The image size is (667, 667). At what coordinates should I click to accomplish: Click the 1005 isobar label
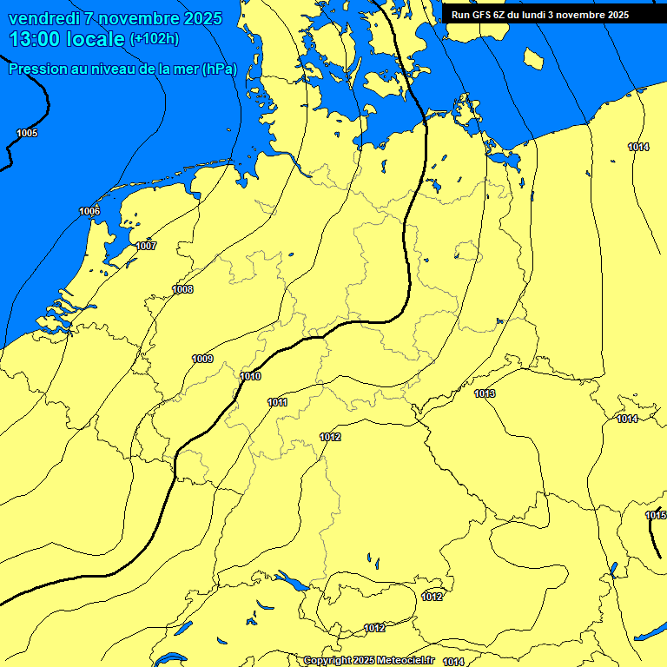[x=27, y=133]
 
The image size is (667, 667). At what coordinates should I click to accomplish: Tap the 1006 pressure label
[x=89, y=212]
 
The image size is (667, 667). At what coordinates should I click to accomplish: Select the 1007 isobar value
[x=146, y=246]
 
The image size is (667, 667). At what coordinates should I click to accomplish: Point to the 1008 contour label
[x=182, y=289]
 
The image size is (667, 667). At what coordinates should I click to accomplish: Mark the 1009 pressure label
[x=202, y=359]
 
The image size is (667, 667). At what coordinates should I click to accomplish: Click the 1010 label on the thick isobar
[x=251, y=376]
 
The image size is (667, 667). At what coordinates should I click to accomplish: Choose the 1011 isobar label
[x=278, y=402]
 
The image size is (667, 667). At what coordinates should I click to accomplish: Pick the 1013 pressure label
[x=485, y=394]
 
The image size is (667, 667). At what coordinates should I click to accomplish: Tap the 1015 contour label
[x=656, y=516]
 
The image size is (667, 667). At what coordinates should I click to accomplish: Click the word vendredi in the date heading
[x=45, y=18]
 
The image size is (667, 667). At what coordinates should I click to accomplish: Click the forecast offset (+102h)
[x=155, y=39]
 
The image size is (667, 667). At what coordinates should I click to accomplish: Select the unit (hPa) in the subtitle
[x=219, y=69]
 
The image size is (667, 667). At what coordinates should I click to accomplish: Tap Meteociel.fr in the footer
[x=405, y=661]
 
